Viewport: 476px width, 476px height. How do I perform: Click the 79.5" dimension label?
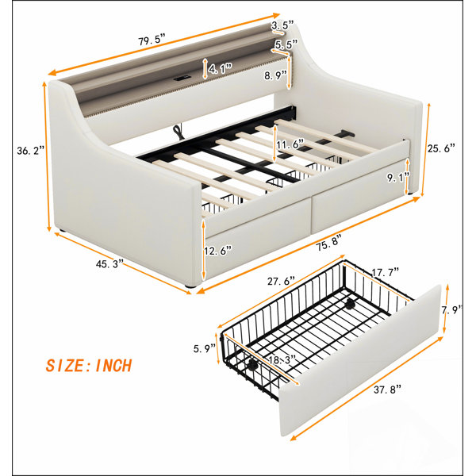point(152,40)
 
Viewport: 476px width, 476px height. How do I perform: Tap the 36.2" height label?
point(31,150)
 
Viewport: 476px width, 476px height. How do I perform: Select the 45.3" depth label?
point(109,263)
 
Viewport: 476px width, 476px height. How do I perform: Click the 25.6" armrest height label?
point(441,148)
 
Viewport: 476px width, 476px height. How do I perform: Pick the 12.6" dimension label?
point(218,251)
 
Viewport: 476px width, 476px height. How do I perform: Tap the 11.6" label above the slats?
point(290,144)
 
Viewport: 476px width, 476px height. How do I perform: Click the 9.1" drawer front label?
point(398,177)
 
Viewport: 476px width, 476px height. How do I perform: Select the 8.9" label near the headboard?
point(275,75)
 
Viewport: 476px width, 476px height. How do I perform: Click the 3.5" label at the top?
point(282,25)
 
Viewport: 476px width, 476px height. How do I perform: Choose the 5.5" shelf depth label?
point(286,44)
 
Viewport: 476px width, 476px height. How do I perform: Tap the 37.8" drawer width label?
point(387,389)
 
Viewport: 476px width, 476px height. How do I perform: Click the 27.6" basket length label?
point(281,281)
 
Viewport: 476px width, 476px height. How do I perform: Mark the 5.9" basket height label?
point(205,348)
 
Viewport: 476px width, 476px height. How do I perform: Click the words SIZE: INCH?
point(89,365)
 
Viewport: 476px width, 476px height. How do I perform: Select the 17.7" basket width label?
point(386,272)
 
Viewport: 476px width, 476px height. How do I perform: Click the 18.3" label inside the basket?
point(282,360)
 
